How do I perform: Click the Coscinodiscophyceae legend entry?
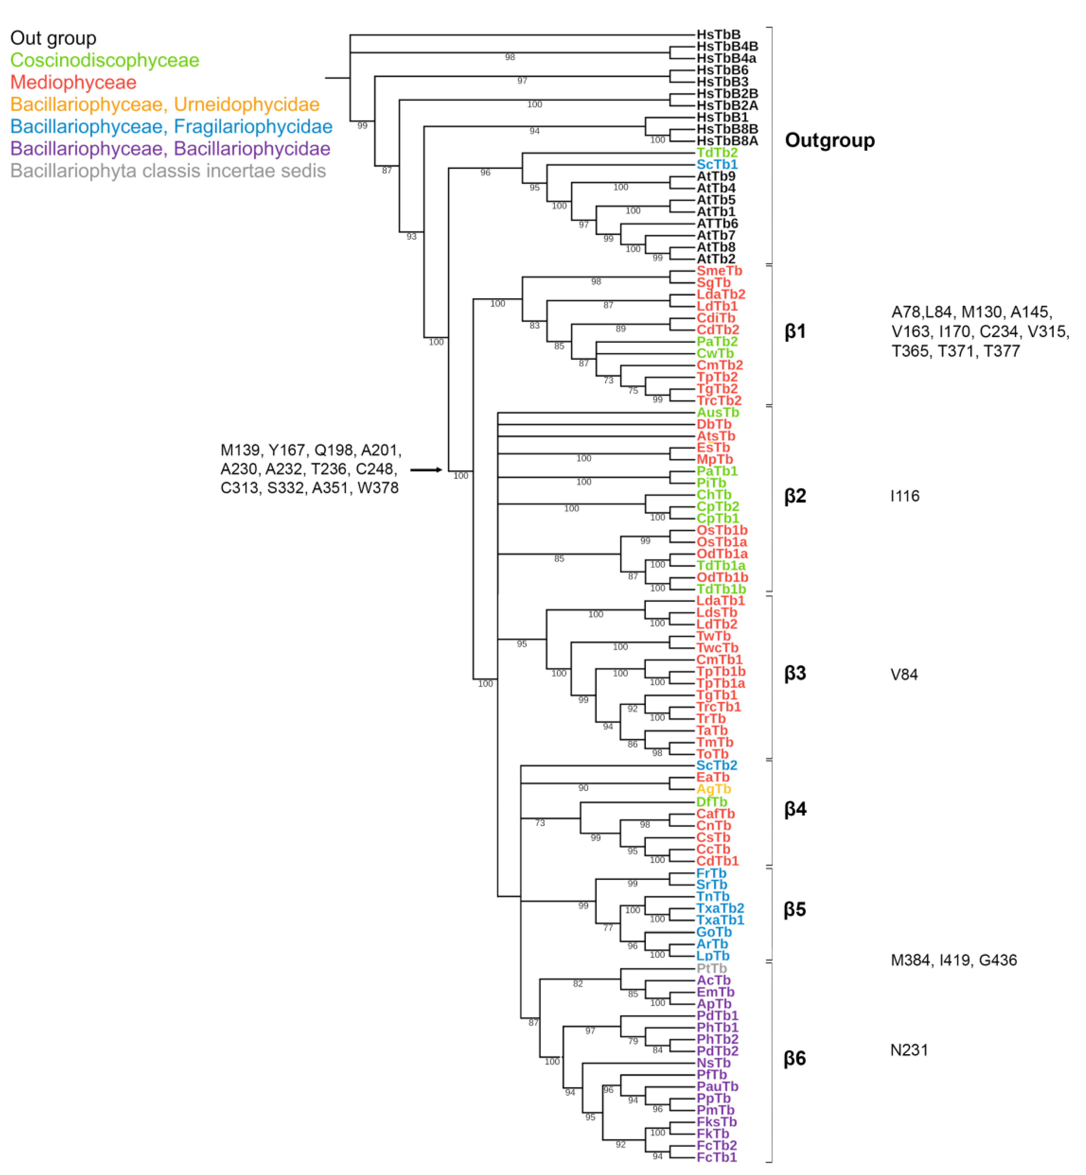point(105,60)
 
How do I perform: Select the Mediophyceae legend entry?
point(74,82)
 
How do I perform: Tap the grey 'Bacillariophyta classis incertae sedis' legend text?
point(168,171)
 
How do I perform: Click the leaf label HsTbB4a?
point(726,58)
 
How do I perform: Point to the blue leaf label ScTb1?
point(717,165)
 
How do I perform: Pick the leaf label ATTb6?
point(717,223)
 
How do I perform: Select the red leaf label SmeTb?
point(719,271)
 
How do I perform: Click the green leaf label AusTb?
point(718,412)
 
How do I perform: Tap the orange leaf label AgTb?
point(713,789)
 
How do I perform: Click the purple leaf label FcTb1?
point(716,1157)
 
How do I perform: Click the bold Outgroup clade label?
point(830,140)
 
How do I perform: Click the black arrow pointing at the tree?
point(426,470)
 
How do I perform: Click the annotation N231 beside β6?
point(909,1050)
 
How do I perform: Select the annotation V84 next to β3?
point(904,674)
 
